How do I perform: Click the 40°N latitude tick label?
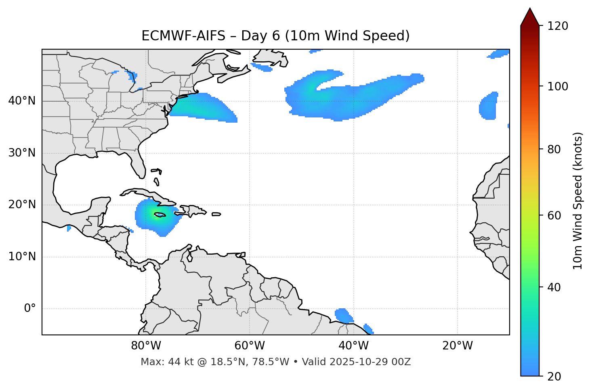22,101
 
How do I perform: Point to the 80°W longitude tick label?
146,346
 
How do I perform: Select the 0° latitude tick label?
30,309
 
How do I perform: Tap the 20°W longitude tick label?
458,346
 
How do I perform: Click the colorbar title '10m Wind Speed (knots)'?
578,201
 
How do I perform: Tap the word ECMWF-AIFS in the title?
183,36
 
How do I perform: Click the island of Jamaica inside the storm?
160,215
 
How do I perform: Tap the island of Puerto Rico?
216,214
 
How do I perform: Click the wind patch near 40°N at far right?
489,106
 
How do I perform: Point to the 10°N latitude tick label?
22,257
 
